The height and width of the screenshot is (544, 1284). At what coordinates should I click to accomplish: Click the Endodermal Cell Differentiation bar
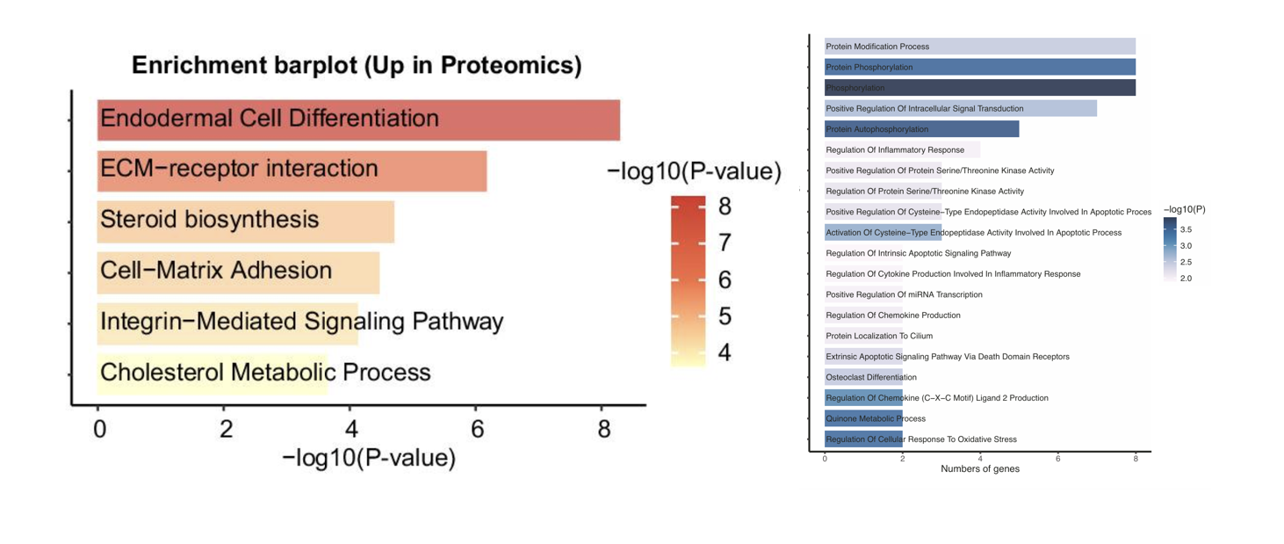coord(358,120)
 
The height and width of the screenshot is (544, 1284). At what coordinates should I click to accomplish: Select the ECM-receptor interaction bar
coord(292,170)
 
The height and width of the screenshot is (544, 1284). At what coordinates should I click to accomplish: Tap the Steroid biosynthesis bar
coord(246,221)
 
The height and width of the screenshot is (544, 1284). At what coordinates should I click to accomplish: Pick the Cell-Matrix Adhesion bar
coord(238,272)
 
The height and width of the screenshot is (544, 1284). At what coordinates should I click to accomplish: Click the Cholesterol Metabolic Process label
coord(265,373)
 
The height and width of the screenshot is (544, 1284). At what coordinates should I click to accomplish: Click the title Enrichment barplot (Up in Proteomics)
coord(357,66)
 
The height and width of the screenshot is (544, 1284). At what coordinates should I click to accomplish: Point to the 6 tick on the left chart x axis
coord(477,429)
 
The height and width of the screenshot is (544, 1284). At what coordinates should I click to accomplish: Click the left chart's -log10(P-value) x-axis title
coord(369,458)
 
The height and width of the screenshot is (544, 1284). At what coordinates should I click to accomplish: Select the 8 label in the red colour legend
coord(725,207)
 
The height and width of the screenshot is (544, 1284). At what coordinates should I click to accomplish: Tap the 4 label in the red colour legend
coord(725,353)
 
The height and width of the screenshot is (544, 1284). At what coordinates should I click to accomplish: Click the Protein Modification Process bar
coord(979,47)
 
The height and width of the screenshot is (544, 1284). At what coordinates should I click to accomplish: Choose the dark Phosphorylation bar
coord(979,88)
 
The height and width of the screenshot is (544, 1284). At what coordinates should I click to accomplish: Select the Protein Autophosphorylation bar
coord(921,129)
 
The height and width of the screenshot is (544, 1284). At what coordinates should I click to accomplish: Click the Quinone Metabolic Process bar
coord(863,419)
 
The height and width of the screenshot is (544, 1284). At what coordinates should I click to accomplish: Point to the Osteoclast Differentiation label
coord(871,378)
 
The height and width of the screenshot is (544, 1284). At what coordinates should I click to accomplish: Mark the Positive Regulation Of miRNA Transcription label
coord(904,295)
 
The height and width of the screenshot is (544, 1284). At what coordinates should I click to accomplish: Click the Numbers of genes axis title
coord(979,469)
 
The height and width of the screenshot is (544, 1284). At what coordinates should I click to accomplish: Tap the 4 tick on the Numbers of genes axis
coord(980,459)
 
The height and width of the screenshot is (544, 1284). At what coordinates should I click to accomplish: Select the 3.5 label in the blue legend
coord(1186,229)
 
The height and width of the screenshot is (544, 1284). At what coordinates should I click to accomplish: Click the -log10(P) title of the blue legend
coord(1184,210)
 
